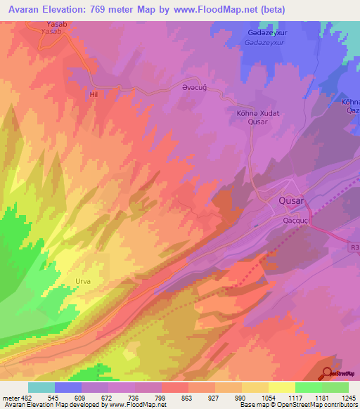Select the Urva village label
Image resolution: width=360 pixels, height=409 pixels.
click(x=83, y=281)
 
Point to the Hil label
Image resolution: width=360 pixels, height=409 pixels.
click(x=93, y=93)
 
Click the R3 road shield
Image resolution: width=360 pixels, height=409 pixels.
click(x=354, y=247)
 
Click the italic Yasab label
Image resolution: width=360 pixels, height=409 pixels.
click(x=52, y=32)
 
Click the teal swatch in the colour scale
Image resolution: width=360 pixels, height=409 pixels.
click(x=41, y=387)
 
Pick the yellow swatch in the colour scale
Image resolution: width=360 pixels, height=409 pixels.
click(x=282, y=387)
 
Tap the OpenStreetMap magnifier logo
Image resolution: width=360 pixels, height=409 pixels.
click(x=328, y=375)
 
